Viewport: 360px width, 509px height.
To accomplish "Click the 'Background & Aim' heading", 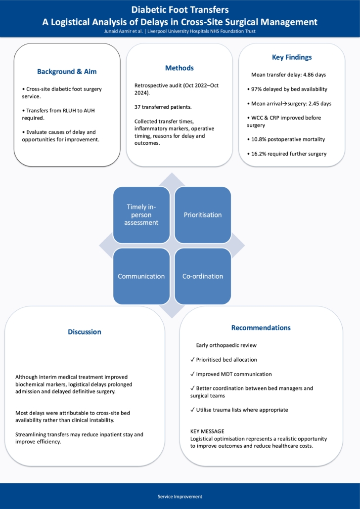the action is point(67,72).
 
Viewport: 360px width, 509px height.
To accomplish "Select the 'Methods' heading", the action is point(180,68).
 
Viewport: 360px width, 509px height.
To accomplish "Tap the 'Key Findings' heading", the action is point(292,57).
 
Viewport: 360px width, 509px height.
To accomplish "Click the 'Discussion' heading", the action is point(85,332).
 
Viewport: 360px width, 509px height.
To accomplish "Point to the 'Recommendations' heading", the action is point(261,328).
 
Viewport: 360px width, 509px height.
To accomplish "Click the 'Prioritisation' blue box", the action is point(203,215).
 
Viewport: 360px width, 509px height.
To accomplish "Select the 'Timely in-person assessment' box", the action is point(141,215).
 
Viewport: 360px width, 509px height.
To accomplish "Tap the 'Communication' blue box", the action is point(141,276).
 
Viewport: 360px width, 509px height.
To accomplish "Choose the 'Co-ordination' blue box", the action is point(203,276).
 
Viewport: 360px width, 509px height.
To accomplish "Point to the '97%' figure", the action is point(256,89).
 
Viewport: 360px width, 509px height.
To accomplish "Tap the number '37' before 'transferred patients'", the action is point(137,107).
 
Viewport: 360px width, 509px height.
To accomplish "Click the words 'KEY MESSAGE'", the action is point(207,431).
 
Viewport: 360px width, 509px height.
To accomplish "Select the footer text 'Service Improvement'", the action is point(180,497).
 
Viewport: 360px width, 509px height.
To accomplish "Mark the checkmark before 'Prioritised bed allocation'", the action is point(192,360).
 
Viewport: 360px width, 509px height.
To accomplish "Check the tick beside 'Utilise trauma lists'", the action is point(192,410).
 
